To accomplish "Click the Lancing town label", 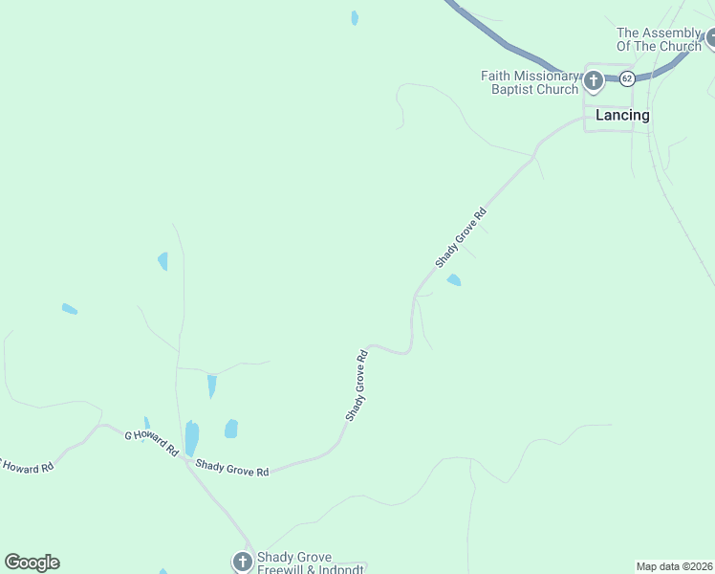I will (622, 115).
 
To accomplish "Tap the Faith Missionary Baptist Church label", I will (531, 82).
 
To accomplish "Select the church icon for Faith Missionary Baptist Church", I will (593, 80).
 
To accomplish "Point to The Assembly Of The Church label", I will (660, 39).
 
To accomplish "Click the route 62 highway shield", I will (626, 77).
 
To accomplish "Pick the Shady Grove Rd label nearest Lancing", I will (461, 237).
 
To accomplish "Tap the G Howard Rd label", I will (152, 442).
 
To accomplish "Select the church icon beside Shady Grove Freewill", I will (243, 562).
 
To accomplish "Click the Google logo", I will (32, 563).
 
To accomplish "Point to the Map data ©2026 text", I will (674, 565).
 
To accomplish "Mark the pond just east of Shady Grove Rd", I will (453, 279).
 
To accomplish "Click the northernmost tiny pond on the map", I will (355, 17).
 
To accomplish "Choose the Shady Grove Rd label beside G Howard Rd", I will (232, 469).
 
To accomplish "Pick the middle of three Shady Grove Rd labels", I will (357, 386).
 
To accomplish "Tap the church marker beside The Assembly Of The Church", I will (711, 41).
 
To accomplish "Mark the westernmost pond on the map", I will (69, 309).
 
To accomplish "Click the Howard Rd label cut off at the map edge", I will (27, 466).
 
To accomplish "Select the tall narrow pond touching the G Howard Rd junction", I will (191, 438).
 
